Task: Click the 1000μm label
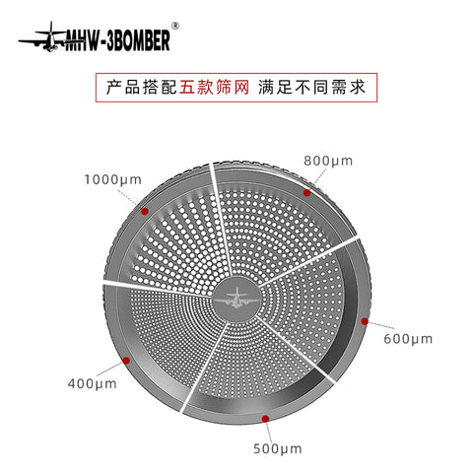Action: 113,180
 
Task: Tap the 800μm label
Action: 328,162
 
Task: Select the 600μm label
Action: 408,339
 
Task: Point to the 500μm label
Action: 278,448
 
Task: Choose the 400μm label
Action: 92,383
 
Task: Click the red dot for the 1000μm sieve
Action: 145,211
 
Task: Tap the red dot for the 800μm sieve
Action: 306,193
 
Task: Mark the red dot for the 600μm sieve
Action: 365,321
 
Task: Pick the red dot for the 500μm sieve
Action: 265,419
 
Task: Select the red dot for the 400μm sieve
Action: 126,361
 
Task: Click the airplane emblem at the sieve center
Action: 236,299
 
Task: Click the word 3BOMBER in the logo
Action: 138,40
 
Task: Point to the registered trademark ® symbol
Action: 175,26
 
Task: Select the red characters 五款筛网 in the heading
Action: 214,88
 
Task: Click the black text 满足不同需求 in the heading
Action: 311,88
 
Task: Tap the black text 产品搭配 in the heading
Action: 141,88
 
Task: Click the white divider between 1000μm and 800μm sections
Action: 222,219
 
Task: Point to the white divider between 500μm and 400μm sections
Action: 204,368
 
